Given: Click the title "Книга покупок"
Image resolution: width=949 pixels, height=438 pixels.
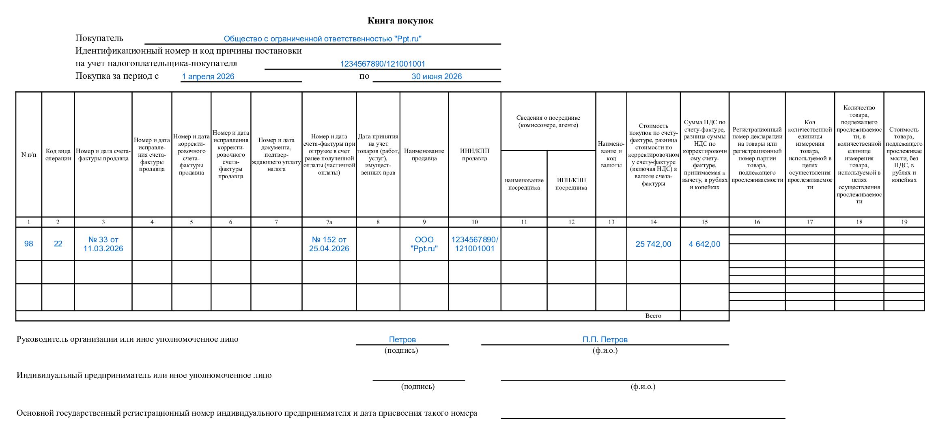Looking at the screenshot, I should click(400, 21).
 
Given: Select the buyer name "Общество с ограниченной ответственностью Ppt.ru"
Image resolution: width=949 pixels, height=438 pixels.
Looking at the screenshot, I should click(323, 39).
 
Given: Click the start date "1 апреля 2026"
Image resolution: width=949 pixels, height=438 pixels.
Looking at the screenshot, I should click(208, 77).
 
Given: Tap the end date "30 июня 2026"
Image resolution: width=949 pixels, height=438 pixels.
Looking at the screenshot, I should click(437, 77).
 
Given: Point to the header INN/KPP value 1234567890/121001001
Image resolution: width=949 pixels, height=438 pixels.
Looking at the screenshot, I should click(382, 64).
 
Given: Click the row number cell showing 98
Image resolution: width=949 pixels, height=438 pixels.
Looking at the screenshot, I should click(28, 244).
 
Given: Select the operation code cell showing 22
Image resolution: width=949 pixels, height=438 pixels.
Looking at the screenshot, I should click(58, 244).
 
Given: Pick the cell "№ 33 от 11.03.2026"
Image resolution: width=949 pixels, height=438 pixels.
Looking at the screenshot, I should click(103, 244).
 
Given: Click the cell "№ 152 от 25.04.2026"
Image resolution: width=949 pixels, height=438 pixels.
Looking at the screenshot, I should click(329, 244).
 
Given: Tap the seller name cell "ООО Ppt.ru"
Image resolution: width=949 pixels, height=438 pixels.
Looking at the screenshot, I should click(424, 244).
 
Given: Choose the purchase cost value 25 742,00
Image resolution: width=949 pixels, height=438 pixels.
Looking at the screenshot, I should click(653, 244).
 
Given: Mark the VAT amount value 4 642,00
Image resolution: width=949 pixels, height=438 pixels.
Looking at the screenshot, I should click(704, 244).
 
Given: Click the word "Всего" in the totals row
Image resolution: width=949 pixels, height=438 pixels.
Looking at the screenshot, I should click(653, 316).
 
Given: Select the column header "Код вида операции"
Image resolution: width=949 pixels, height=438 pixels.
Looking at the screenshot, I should click(58, 155).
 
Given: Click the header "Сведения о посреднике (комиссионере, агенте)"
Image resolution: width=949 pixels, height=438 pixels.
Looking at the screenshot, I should click(548, 121).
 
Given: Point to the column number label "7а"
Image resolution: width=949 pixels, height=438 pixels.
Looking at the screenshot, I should click(329, 222).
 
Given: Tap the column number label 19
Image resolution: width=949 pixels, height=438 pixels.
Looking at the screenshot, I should click(904, 222).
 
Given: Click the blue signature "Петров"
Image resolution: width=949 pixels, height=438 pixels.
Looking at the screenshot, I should click(402, 340).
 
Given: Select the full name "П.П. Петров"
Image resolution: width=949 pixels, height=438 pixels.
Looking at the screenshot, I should click(605, 340).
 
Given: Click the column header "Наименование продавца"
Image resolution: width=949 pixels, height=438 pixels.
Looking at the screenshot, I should click(424, 155).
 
